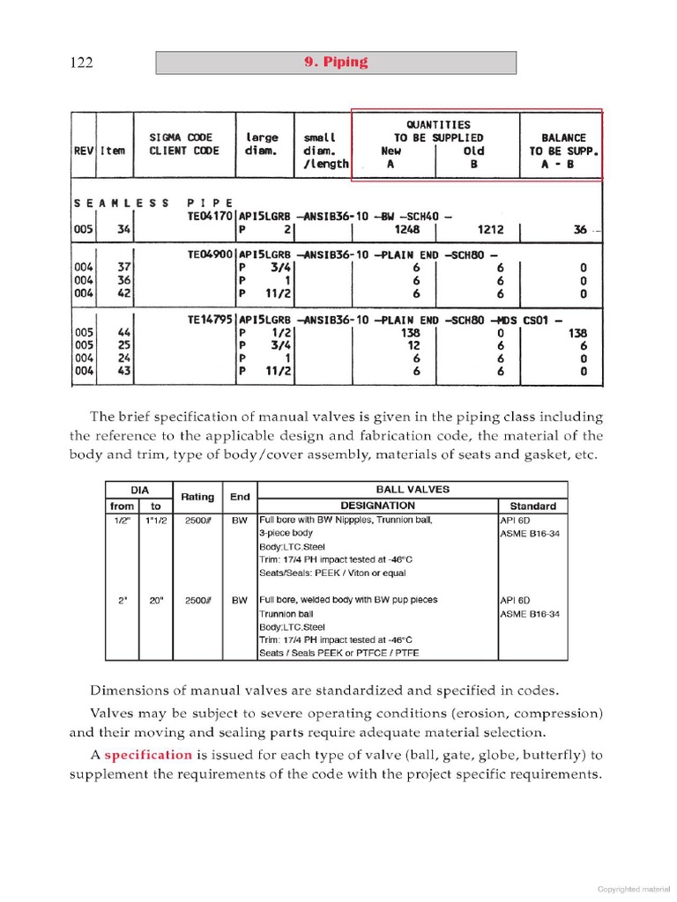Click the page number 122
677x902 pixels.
[x=81, y=63]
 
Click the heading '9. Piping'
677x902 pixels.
[x=336, y=63]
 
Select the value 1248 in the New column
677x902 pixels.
[x=402, y=230]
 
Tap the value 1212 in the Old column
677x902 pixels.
[x=492, y=230]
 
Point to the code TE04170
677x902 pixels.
[x=210, y=215]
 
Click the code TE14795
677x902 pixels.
[x=210, y=320]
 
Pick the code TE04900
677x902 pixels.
[x=210, y=254]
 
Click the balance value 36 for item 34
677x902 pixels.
[x=579, y=230]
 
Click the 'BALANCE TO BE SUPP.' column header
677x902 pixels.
[x=562, y=150]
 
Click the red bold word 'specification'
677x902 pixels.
[x=147, y=755]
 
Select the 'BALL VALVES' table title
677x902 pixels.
[x=412, y=489]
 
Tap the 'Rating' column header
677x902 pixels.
[x=197, y=498]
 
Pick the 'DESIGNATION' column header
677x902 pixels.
[x=377, y=506]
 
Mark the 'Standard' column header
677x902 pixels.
[x=532, y=506]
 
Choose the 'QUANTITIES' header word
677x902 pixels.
[x=438, y=125]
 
